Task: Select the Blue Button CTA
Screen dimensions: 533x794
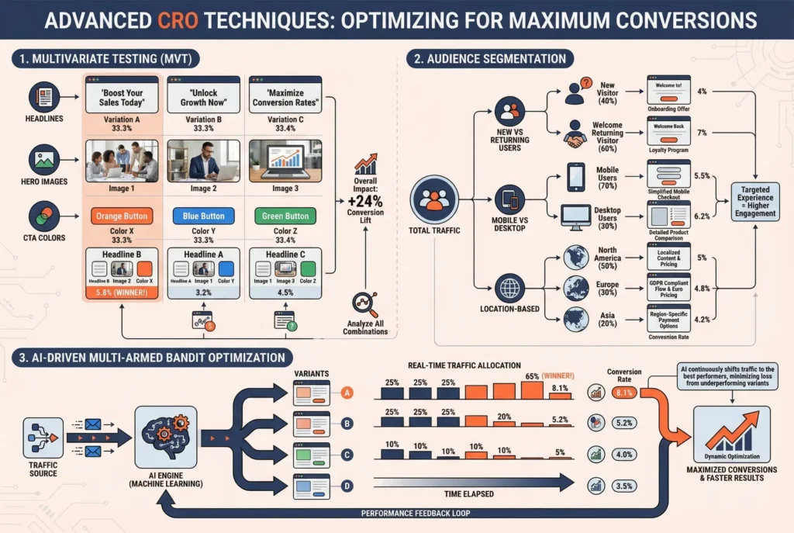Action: pos(203,216)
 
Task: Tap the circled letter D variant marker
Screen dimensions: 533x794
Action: pos(347,486)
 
